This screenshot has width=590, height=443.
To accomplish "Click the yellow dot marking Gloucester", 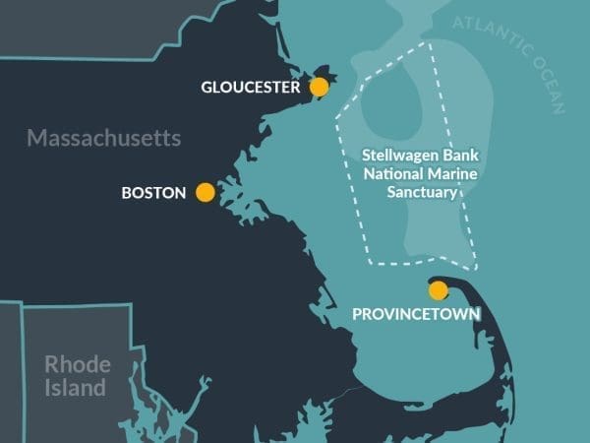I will pyautogui.click(x=319, y=88).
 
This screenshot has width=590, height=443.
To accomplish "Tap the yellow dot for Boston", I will pyautogui.click(x=206, y=193).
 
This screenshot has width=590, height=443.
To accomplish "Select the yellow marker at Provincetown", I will pyautogui.click(x=439, y=290).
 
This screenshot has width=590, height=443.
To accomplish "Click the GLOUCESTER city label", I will pyautogui.click(x=250, y=88).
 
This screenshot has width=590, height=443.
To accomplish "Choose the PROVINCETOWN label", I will pyautogui.click(x=416, y=315).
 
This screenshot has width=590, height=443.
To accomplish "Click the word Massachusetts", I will pyautogui.click(x=103, y=138).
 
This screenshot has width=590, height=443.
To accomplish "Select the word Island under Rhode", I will pyautogui.click(x=75, y=388).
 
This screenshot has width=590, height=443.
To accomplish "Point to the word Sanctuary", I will pyautogui.click(x=410, y=193).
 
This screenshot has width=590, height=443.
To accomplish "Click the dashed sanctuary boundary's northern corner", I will pyautogui.click(x=430, y=42).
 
